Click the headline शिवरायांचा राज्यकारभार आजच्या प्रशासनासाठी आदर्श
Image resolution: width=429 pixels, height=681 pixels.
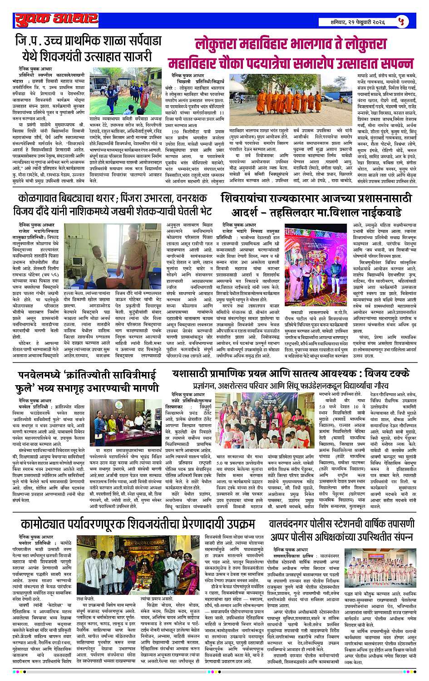coord(317,205)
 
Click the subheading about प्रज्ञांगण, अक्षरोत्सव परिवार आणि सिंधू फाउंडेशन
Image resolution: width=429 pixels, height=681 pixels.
coord(291,389)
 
